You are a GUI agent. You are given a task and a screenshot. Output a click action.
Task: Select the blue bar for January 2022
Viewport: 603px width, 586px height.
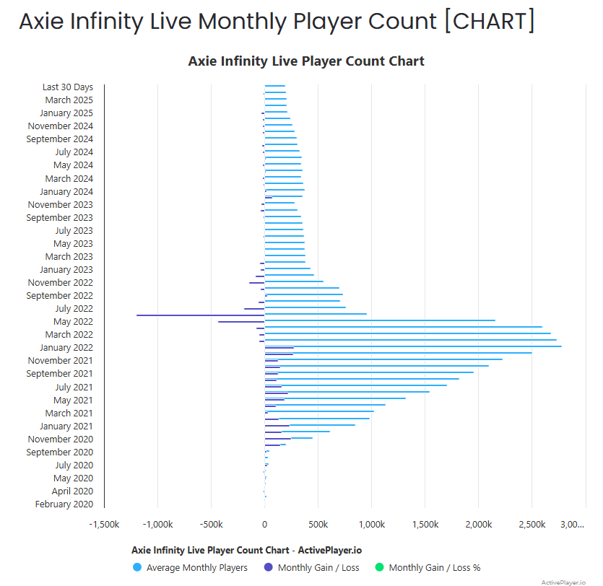(x=412, y=346)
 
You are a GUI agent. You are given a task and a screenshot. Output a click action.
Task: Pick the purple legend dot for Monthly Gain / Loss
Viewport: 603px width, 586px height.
(x=269, y=567)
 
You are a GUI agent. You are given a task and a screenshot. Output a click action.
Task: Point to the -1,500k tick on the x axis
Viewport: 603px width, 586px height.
(x=104, y=524)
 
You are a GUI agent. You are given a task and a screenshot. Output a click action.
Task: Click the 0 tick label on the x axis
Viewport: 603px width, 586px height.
(x=264, y=524)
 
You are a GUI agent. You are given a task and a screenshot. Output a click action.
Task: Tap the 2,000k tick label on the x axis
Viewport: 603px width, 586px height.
(x=479, y=524)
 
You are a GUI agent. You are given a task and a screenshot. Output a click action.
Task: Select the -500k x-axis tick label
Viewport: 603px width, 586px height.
(x=211, y=524)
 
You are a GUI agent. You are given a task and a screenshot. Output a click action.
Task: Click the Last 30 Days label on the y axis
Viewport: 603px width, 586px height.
(x=67, y=87)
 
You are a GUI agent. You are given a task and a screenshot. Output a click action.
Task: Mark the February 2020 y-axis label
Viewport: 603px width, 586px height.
(x=64, y=504)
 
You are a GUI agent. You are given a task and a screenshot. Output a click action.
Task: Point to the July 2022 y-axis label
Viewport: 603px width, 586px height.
(x=74, y=309)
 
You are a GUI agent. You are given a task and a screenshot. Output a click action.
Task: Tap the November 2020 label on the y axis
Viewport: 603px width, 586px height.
(x=61, y=439)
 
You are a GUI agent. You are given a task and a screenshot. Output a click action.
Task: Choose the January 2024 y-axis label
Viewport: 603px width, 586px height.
(x=66, y=192)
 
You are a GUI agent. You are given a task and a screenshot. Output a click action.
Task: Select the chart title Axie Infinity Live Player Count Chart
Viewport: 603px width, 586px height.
(x=306, y=61)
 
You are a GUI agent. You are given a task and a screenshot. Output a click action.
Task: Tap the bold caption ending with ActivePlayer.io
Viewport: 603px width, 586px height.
(x=246, y=550)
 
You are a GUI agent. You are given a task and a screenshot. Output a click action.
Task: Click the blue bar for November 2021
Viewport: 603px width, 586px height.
(x=383, y=359)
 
